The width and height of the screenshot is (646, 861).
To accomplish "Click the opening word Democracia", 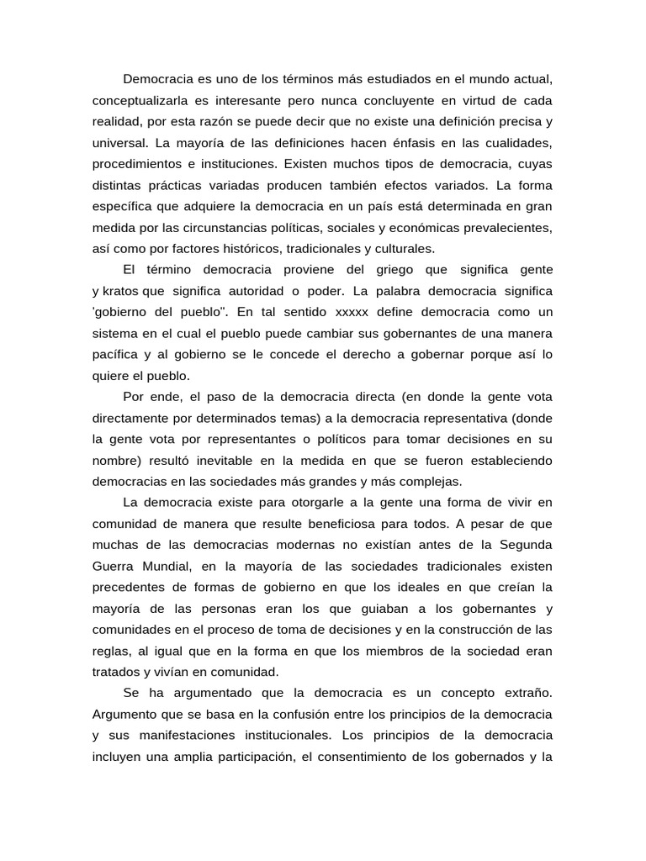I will [x=158, y=80].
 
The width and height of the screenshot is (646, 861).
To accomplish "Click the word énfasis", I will [x=406, y=143].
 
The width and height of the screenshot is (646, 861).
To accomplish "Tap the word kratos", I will [x=122, y=291].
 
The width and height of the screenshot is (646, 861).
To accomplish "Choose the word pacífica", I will [x=120, y=354].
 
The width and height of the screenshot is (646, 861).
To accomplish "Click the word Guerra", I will [x=114, y=566].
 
